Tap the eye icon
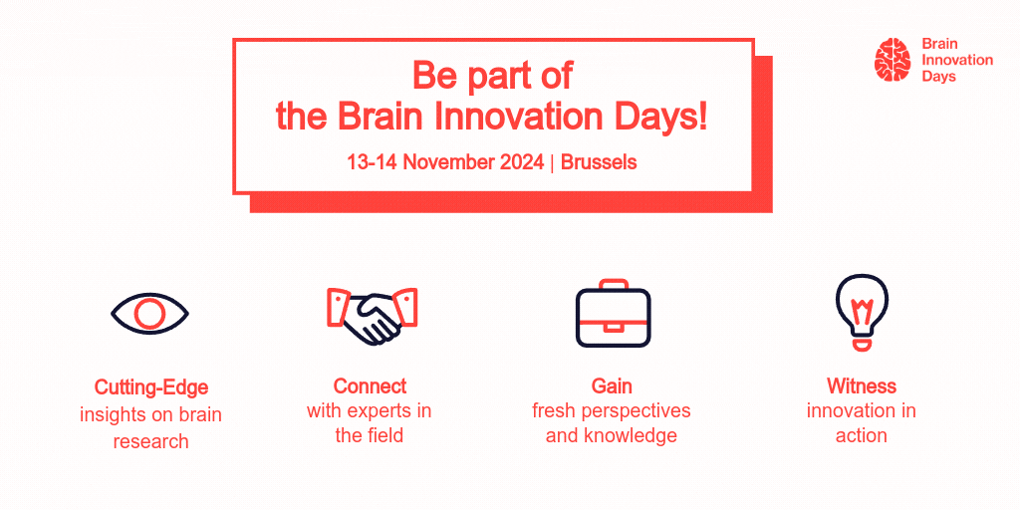pyautogui.click(x=149, y=314)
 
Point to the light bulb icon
pyautogui.click(x=862, y=312)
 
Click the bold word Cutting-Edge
pyautogui.click(x=151, y=387)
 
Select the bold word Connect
pyautogui.click(x=370, y=385)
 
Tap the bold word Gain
pyautogui.click(x=612, y=385)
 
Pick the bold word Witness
pyautogui.click(x=862, y=385)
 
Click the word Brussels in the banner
pyautogui.click(x=599, y=162)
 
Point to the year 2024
pyautogui.click(x=522, y=162)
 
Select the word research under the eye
pyautogui.click(x=151, y=441)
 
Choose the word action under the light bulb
pyautogui.click(x=862, y=435)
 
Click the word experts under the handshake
pyautogui.click(x=383, y=411)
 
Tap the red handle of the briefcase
pyautogui.click(x=614, y=284)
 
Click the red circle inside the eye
pyautogui.click(x=149, y=314)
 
